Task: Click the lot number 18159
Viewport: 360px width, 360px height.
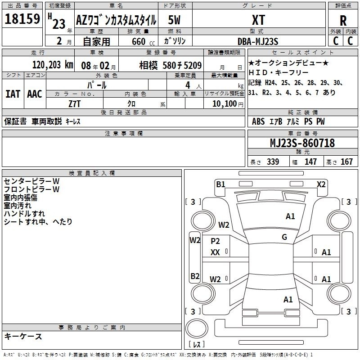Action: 22,19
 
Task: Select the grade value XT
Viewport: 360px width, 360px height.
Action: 258,19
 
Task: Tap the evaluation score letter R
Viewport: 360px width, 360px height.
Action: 343,21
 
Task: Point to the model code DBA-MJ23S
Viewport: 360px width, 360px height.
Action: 258,41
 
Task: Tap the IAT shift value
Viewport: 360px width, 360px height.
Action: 13,94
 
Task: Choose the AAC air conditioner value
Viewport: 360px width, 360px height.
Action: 35,94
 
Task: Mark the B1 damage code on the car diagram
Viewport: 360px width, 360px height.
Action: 220,184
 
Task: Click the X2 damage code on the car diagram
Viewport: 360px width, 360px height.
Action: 321,184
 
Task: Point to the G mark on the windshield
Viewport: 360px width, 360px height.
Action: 284,237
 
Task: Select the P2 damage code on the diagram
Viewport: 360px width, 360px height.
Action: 215,241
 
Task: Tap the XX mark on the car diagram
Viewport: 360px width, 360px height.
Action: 215,252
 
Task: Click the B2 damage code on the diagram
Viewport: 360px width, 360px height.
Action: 195,276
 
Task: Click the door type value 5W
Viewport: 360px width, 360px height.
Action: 175,19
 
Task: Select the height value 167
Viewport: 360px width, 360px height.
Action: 346,162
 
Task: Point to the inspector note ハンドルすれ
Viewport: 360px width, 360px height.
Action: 24,214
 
